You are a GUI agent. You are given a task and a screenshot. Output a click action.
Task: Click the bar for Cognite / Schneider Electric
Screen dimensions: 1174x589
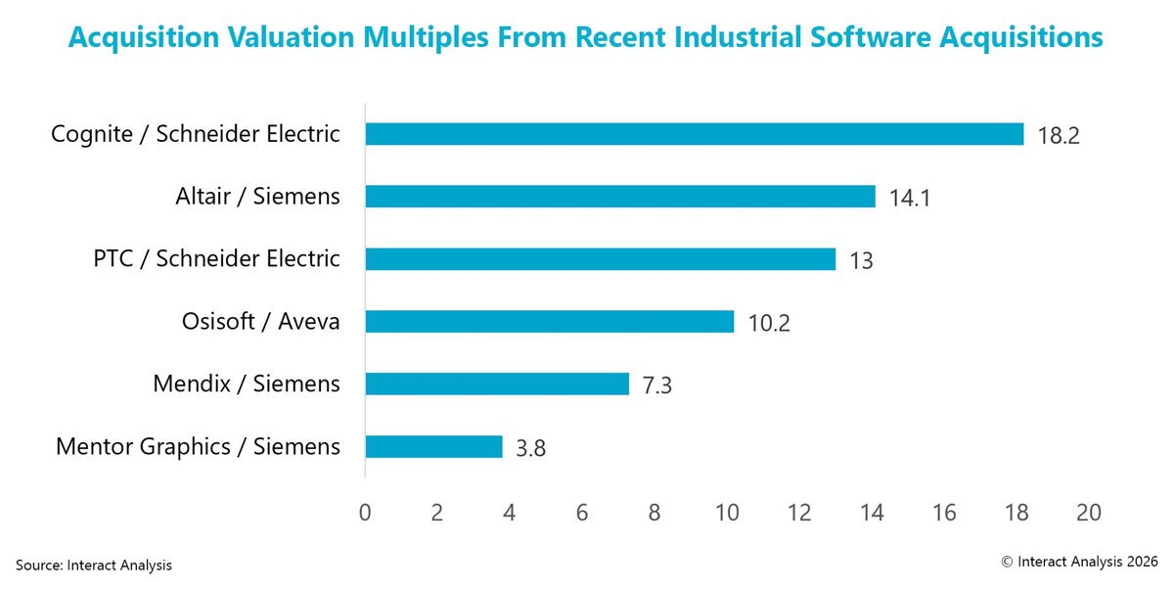click(x=695, y=134)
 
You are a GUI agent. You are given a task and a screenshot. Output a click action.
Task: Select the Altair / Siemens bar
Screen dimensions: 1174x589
click(x=620, y=197)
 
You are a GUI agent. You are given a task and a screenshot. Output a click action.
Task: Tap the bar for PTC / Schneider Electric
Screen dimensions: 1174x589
click(x=601, y=259)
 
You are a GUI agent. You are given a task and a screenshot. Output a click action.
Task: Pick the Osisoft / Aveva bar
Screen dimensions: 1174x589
click(x=550, y=321)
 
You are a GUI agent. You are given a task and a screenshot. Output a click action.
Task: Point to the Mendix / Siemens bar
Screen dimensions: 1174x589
click(x=497, y=384)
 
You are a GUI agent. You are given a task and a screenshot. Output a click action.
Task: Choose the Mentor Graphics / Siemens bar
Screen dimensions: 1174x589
click(x=434, y=446)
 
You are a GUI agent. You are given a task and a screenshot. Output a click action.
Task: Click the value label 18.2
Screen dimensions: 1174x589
click(x=1059, y=136)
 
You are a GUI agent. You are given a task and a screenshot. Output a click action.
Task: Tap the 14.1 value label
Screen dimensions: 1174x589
click(x=910, y=198)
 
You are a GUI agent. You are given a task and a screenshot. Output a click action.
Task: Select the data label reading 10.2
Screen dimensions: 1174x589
click(x=769, y=323)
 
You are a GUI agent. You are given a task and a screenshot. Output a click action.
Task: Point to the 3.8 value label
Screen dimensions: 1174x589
click(x=531, y=448)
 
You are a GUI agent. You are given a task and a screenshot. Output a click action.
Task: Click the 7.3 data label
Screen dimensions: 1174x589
click(x=657, y=385)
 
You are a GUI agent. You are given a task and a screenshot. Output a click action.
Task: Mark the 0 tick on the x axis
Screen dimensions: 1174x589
click(x=365, y=512)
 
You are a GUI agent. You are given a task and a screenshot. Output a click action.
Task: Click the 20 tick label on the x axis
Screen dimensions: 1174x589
click(x=1089, y=512)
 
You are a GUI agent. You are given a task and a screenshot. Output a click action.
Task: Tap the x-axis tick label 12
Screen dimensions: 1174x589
click(x=799, y=512)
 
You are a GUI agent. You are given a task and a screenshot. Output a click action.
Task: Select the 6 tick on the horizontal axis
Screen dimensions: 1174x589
click(x=582, y=512)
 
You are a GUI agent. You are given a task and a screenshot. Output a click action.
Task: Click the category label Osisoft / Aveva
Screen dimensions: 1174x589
click(x=261, y=321)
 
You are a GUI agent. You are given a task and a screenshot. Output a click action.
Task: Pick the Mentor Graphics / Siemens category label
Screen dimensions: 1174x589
click(x=198, y=446)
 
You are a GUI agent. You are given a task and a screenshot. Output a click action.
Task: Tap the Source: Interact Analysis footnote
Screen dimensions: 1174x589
click(x=94, y=565)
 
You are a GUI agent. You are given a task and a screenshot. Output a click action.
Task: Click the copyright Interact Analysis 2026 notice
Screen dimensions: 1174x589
click(x=1080, y=562)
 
